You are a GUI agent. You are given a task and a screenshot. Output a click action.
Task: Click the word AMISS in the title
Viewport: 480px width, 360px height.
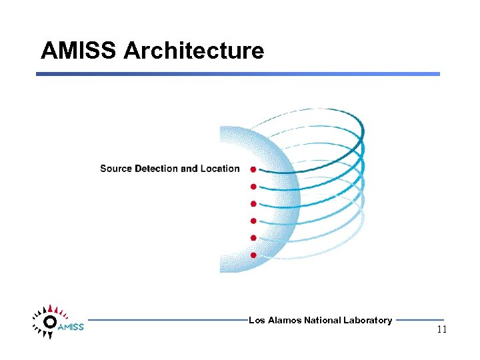click(x=78, y=51)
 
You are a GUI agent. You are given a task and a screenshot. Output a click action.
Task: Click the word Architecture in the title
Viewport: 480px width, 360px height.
click(x=194, y=51)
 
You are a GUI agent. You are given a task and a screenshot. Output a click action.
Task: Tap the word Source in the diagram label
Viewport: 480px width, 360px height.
click(x=116, y=169)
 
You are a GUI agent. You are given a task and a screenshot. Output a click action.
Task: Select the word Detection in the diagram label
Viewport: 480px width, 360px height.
click(x=157, y=169)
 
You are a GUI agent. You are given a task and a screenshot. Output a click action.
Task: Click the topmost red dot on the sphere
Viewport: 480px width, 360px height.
click(x=253, y=169)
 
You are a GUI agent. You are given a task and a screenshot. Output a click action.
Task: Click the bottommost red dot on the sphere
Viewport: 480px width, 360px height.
click(x=253, y=255)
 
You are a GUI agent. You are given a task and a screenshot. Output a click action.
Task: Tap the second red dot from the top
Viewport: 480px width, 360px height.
click(x=253, y=187)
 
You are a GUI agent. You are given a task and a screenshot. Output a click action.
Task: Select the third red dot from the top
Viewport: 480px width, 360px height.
click(x=253, y=204)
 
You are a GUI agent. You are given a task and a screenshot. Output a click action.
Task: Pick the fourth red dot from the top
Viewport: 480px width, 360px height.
click(x=253, y=221)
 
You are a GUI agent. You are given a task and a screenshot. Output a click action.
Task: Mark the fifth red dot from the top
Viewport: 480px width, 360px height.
click(x=253, y=238)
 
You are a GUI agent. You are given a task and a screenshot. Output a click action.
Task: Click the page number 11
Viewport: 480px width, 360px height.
click(x=442, y=330)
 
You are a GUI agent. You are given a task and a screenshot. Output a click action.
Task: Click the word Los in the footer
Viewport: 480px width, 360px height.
click(x=256, y=321)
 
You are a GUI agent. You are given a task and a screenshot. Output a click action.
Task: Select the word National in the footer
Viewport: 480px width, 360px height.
click(x=322, y=321)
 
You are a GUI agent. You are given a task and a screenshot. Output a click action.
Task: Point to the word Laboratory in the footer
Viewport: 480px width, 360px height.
click(x=367, y=321)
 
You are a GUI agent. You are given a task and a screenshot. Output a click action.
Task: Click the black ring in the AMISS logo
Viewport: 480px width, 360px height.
click(x=49, y=322)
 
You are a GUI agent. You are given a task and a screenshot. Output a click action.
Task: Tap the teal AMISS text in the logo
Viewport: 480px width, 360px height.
click(x=71, y=327)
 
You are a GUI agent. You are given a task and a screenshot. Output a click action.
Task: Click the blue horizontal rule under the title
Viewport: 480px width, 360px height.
click(x=238, y=74)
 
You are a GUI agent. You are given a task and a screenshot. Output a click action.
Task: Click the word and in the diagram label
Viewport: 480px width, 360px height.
click(x=189, y=169)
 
